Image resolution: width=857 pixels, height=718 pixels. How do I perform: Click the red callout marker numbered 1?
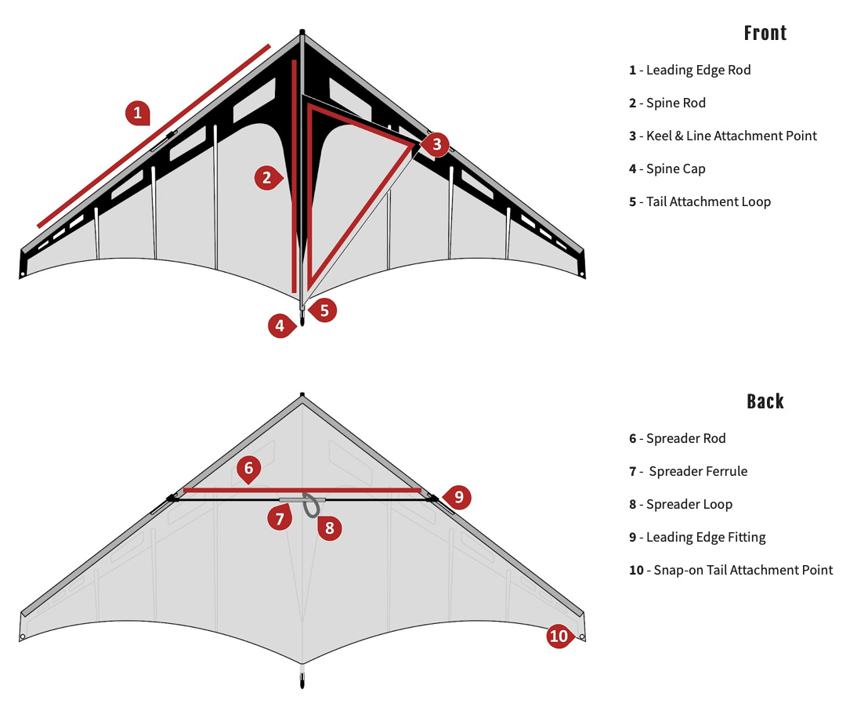[137, 113]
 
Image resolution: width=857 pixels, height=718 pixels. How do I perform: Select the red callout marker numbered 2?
[266, 178]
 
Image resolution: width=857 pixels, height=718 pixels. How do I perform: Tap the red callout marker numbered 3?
[436, 144]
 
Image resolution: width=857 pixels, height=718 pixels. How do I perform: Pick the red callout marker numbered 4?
[280, 325]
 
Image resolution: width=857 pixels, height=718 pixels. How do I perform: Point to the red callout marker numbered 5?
[324, 310]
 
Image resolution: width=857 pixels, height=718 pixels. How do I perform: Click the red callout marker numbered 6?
[248, 469]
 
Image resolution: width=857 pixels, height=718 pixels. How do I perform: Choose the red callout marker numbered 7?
[279, 517]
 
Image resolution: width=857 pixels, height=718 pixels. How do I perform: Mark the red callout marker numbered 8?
[329, 528]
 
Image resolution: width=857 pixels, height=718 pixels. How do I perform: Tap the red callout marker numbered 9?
[459, 496]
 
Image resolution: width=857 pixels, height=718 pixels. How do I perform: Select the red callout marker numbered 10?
[559, 636]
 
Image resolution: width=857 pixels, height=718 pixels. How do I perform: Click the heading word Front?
[765, 33]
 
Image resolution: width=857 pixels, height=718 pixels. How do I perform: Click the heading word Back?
[765, 401]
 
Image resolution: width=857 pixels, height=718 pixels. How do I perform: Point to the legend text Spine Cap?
[675, 169]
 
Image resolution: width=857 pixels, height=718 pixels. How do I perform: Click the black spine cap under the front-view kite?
[303, 321]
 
